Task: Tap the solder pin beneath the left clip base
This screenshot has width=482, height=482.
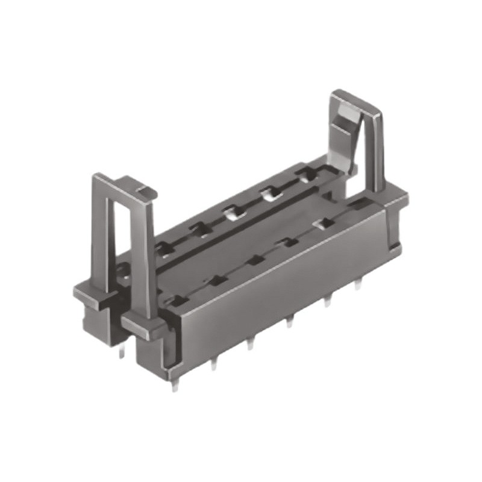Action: pyautogui.click(x=121, y=351)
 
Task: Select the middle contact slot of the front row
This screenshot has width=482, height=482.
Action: pyautogui.click(x=255, y=260)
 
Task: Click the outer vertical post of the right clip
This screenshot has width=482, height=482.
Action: pyautogui.click(x=377, y=151)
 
